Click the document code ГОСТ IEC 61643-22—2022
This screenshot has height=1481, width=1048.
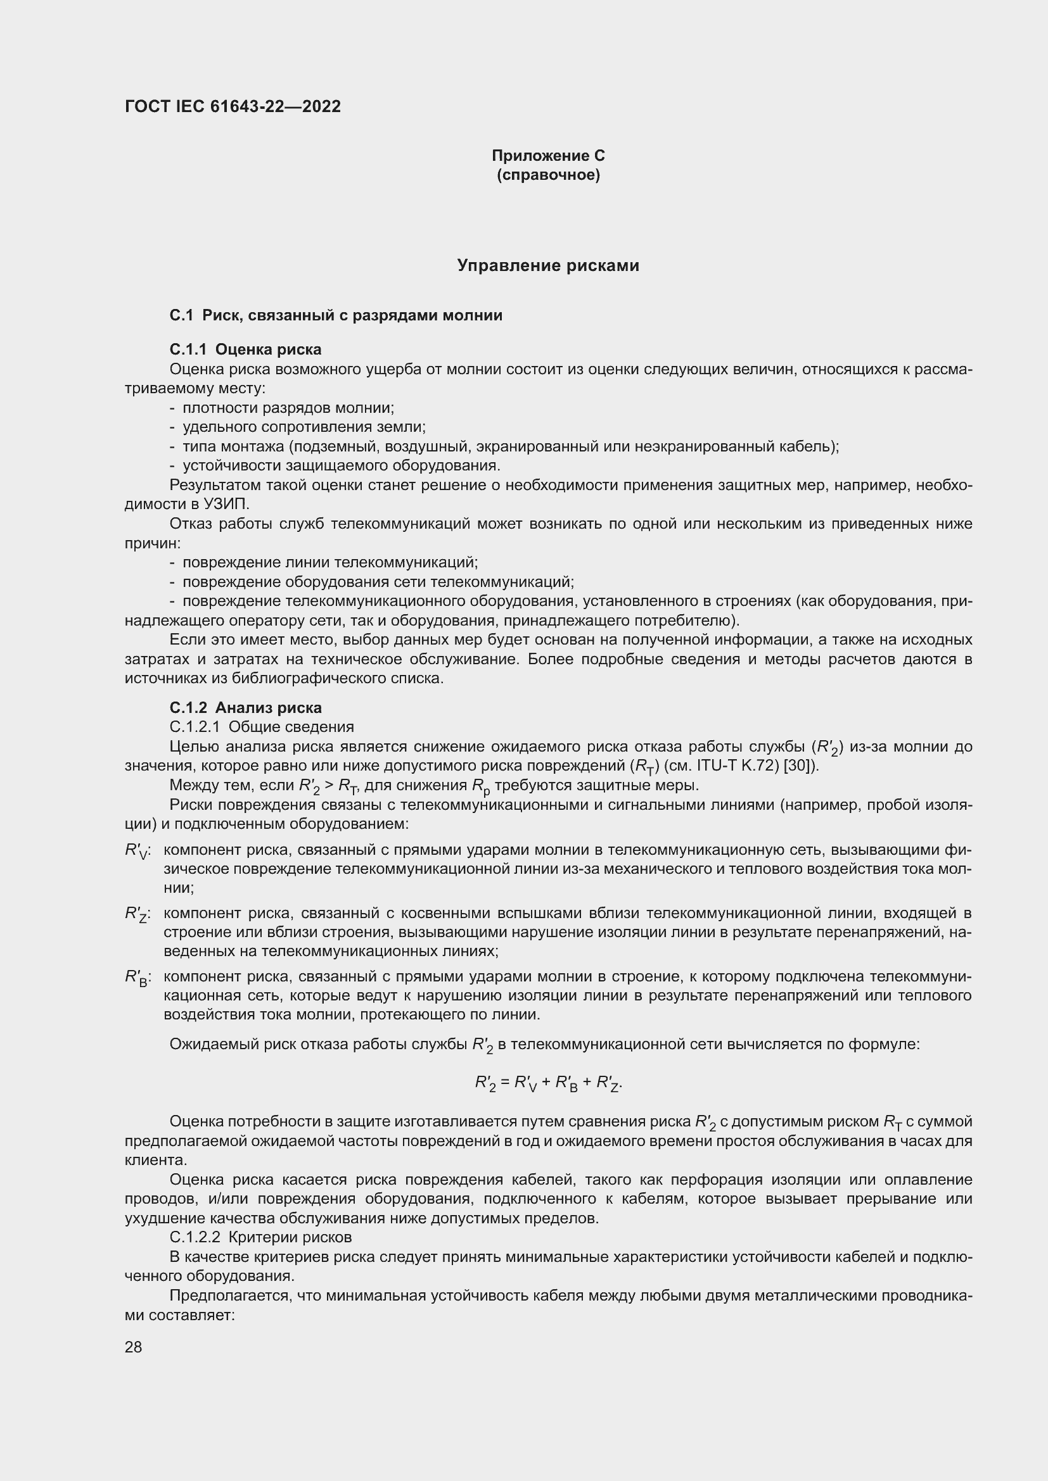coord(233,106)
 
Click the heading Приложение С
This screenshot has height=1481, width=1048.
coord(548,156)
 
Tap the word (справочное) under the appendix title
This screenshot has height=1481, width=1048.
coord(548,175)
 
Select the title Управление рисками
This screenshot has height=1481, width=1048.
coord(548,265)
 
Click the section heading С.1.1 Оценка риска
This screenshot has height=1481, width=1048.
coord(245,349)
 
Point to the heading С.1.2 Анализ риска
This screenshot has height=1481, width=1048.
coord(245,708)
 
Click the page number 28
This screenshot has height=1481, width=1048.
coord(133,1347)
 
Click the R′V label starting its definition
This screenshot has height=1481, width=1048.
coord(137,851)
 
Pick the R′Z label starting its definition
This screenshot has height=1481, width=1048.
coord(137,914)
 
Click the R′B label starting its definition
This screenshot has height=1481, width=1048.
coord(137,977)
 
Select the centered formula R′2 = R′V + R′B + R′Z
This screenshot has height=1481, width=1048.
coord(548,1083)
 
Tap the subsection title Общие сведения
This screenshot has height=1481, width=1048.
coord(291,727)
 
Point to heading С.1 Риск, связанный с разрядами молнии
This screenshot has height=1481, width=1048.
coord(336,315)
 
